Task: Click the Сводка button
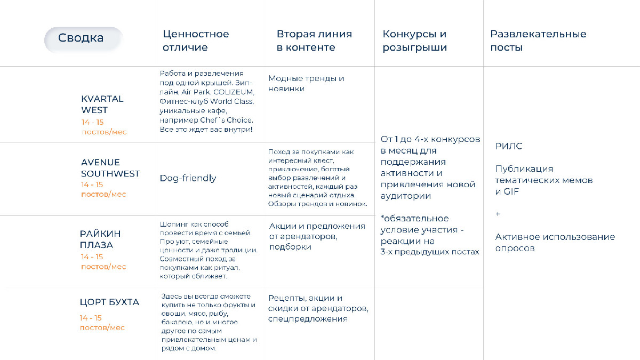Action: pyautogui.click(x=81, y=38)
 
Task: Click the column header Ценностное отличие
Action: pyautogui.click(x=196, y=41)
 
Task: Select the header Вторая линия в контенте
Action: pyautogui.click(x=314, y=41)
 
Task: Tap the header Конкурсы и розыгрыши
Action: pyautogui.click(x=414, y=41)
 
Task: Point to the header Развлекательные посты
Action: pyautogui.click(x=538, y=41)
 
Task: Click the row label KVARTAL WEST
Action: pyautogui.click(x=102, y=105)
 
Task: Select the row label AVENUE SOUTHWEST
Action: pyautogui.click(x=110, y=168)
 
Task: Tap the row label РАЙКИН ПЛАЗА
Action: pyautogui.click(x=100, y=239)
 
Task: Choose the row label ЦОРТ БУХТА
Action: pyautogui.click(x=109, y=302)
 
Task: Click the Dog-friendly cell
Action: pyautogui.click(x=188, y=178)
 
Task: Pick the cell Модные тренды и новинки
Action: pyautogui.click(x=306, y=84)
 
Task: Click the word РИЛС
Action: pyautogui.click(x=508, y=146)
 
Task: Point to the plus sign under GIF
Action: pyautogui.click(x=498, y=214)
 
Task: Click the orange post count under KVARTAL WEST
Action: pyautogui.click(x=103, y=127)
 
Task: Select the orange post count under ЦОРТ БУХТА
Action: pyautogui.click(x=102, y=323)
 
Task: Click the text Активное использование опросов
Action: pyautogui.click(x=555, y=243)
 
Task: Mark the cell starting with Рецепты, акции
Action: pyautogui.click(x=318, y=308)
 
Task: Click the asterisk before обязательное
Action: pyautogui.click(x=382, y=219)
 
